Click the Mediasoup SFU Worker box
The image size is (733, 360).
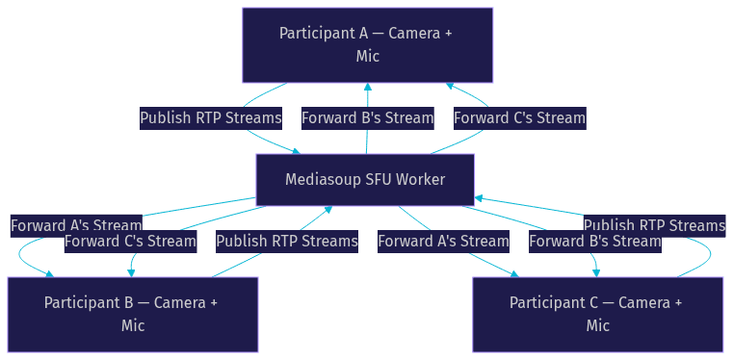point(365,180)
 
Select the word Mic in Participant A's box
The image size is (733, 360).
point(367,56)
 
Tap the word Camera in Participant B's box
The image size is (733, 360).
point(180,302)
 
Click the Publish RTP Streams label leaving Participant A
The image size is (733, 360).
point(211,118)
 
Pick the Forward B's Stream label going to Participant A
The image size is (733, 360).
point(367,118)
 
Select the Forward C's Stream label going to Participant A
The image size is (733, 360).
point(519,118)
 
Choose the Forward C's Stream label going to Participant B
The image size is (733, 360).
point(130,242)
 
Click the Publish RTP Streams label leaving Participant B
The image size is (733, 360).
point(287,242)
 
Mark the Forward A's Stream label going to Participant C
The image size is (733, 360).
point(443,242)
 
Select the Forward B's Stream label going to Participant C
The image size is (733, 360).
point(595,242)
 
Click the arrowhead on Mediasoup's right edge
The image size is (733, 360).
point(478,198)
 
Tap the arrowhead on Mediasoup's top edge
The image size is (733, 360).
point(297,151)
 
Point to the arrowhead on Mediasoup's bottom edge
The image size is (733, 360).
point(328,209)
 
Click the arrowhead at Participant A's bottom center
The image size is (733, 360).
point(368,87)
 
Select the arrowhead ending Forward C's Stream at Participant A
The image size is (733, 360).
point(450,86)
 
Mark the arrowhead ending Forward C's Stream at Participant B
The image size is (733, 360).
point(131,273)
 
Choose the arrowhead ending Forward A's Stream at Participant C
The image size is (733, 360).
point(515,274)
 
